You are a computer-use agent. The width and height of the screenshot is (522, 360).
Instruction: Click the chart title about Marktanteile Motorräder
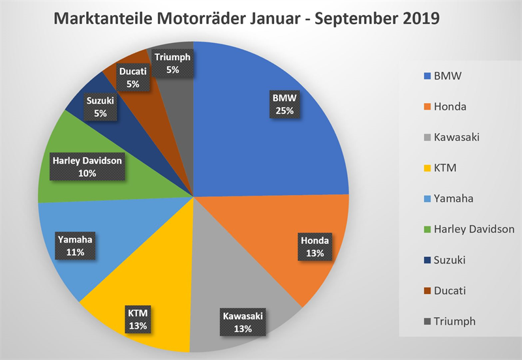pos(246,18)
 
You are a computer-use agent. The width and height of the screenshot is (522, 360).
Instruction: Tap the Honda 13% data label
pos(315,247)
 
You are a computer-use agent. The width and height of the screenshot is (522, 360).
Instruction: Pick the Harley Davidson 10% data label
pos(87,166)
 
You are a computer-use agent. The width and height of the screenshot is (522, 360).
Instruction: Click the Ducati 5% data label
pos(132,77)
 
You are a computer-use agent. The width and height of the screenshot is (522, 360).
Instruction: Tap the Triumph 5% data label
pos(172,63)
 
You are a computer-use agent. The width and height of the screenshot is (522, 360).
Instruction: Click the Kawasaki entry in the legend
pos(458,138)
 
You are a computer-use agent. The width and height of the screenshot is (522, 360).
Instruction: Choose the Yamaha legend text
pos(455,199)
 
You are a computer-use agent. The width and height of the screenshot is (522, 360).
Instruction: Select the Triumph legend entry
pos(455,321)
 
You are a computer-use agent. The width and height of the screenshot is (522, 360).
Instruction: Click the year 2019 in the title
pos(418,18)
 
